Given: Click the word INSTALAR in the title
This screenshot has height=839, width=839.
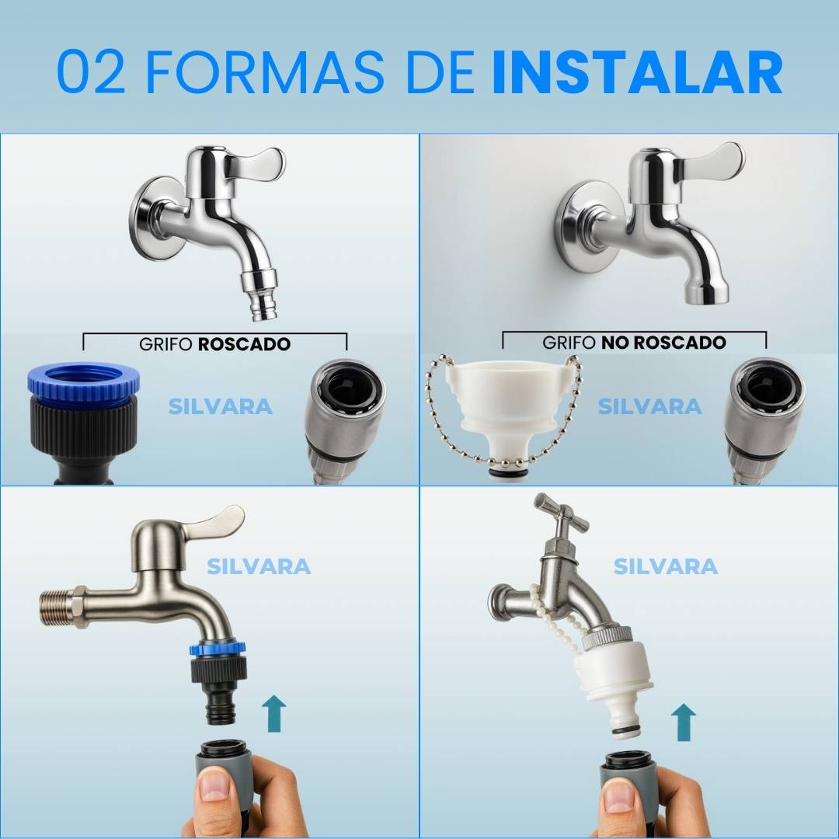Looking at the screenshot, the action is (637, 72).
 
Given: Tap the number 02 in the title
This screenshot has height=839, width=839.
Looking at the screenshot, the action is (90, 72).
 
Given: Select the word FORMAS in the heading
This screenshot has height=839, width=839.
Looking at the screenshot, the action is (265, 72).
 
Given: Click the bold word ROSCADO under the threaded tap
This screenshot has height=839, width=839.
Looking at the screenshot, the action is (244, 344).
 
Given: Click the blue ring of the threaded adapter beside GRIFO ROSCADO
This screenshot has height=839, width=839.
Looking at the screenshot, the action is (84, 381).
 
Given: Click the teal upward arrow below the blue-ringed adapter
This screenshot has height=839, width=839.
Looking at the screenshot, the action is (273, 713).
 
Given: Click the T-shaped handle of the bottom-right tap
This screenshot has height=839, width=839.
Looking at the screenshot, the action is (560, 512).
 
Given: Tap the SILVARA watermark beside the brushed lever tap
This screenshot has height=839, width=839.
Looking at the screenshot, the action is (259, 566).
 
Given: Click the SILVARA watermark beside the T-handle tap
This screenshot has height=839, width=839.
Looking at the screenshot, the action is (665, 566).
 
